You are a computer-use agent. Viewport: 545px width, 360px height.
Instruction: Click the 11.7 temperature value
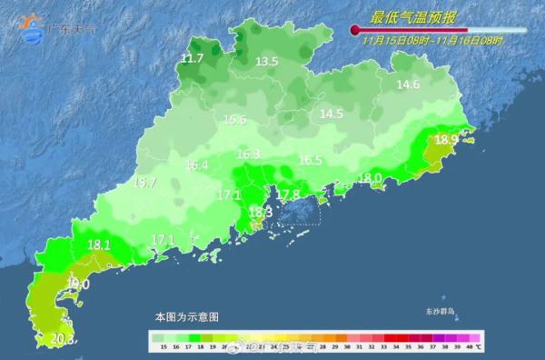coord(192,59)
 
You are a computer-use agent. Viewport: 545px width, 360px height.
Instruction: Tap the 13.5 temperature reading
coord(266,62)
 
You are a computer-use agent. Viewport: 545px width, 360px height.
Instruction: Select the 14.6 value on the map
coord(408,85)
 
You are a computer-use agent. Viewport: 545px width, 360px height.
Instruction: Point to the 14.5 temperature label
coord(331,114)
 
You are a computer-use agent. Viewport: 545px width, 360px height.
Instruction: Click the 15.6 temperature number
coord(234,119)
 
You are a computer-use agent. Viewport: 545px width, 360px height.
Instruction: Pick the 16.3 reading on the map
coord(248,155)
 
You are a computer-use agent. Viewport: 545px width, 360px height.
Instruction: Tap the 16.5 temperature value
coord(311,160)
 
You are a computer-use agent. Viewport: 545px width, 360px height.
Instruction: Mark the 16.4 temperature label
coord(197,165)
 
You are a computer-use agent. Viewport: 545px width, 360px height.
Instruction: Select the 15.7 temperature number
coord(144,183)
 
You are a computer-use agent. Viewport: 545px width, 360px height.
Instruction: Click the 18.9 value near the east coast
coord(446,140)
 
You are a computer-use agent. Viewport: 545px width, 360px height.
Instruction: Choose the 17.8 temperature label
coord(288,195)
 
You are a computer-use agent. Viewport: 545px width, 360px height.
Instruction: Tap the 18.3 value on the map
coord(260,213)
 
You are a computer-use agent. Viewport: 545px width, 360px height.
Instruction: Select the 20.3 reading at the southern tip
coord(61,340)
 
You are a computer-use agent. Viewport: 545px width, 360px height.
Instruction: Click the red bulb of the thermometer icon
coord(355,31)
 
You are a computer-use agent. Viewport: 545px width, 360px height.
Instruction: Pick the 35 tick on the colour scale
coord(407,346)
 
